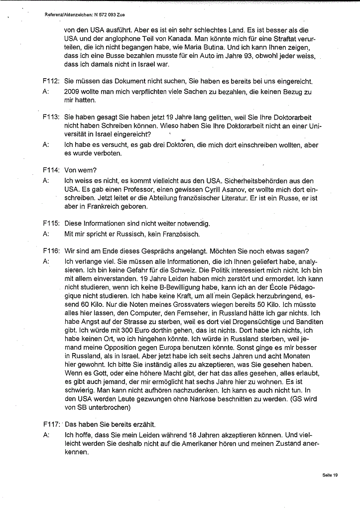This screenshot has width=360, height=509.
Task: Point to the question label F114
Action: tap(51, 170)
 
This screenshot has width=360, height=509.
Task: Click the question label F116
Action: tap(51, 250)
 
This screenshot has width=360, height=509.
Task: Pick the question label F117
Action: tap(51, 425)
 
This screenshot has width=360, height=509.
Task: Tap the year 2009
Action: tap(73, 92)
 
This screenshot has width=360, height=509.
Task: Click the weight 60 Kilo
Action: tap(90, 305)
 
